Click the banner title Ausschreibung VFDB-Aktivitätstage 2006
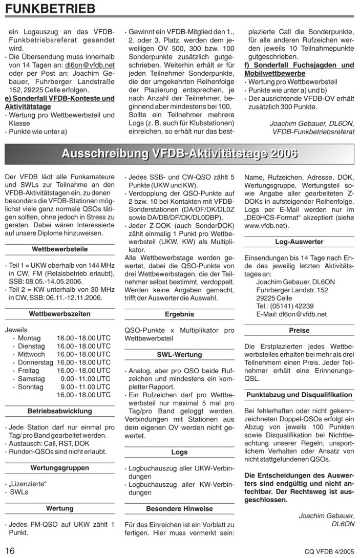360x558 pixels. (179, 154)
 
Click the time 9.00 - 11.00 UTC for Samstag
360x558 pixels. (85, 378)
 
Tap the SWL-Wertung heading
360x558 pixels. (179, 354)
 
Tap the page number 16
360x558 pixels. (11, 550)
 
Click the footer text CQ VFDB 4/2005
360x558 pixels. (329, 551)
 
